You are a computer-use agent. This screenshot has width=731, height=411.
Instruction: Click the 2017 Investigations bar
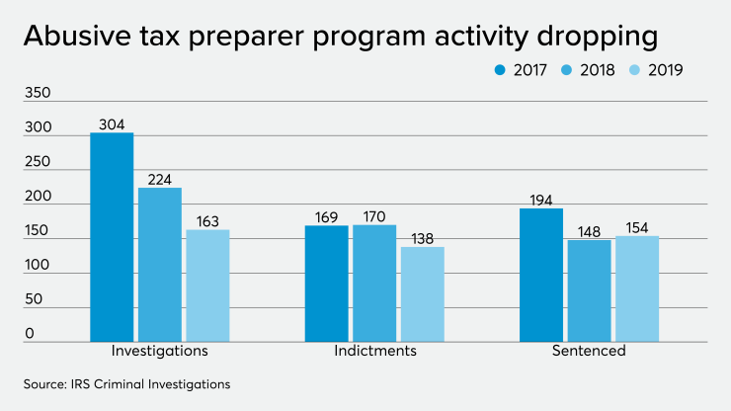(112, 237)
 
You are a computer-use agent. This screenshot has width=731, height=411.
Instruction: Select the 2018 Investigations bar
(159, 265)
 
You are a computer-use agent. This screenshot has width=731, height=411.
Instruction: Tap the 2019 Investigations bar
(207, 286)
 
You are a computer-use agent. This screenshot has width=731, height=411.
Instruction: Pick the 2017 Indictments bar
(326, 284)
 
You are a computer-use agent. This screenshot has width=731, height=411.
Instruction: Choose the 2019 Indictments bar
(422, 294)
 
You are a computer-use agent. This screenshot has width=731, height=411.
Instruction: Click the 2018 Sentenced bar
(589, 290)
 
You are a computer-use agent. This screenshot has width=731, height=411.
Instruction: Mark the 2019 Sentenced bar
(637, 288)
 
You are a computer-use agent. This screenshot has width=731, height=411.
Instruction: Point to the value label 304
(112, 124)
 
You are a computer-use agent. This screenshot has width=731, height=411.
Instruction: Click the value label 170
(373, 216)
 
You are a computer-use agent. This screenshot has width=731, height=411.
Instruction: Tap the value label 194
(541, 200)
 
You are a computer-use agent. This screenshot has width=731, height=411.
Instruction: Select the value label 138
(422, 238)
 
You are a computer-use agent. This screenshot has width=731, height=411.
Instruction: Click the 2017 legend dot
(499, 70)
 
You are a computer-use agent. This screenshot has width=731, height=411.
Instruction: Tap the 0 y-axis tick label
(30, 334)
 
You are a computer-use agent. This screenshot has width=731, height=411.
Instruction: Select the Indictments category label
(374, 352)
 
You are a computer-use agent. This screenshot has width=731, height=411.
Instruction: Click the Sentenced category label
(590, 352)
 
